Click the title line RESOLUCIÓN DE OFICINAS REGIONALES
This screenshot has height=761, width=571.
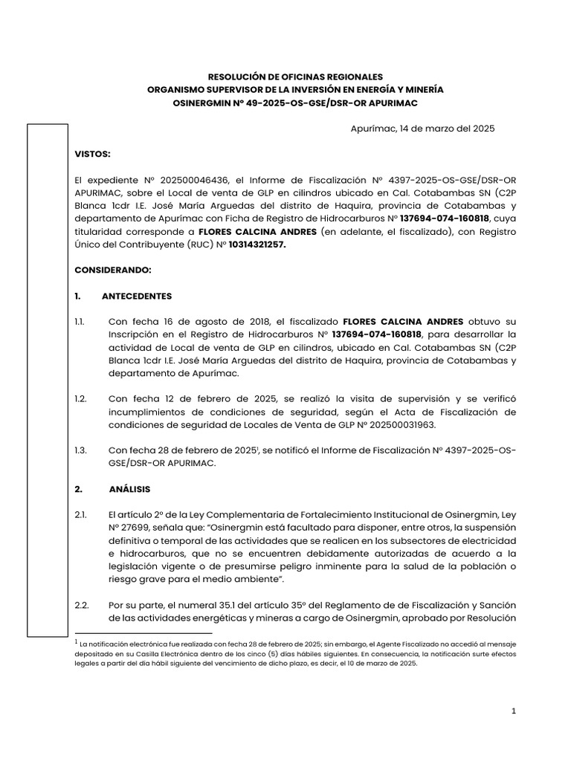click(x=295, y=77)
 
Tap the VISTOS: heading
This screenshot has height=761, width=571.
click(x=92, y=154)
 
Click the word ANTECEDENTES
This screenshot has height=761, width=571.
click(x=137, y=296)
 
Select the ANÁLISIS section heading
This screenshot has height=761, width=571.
click(x=129, y=489)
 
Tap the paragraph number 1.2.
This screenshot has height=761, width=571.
click(x=81, y=399)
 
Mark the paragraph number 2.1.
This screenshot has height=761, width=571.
click(x=81, y=515)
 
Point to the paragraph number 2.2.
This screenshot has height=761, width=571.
click(x=81, y=606)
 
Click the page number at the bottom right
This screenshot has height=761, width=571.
click(x=513, y=712)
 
